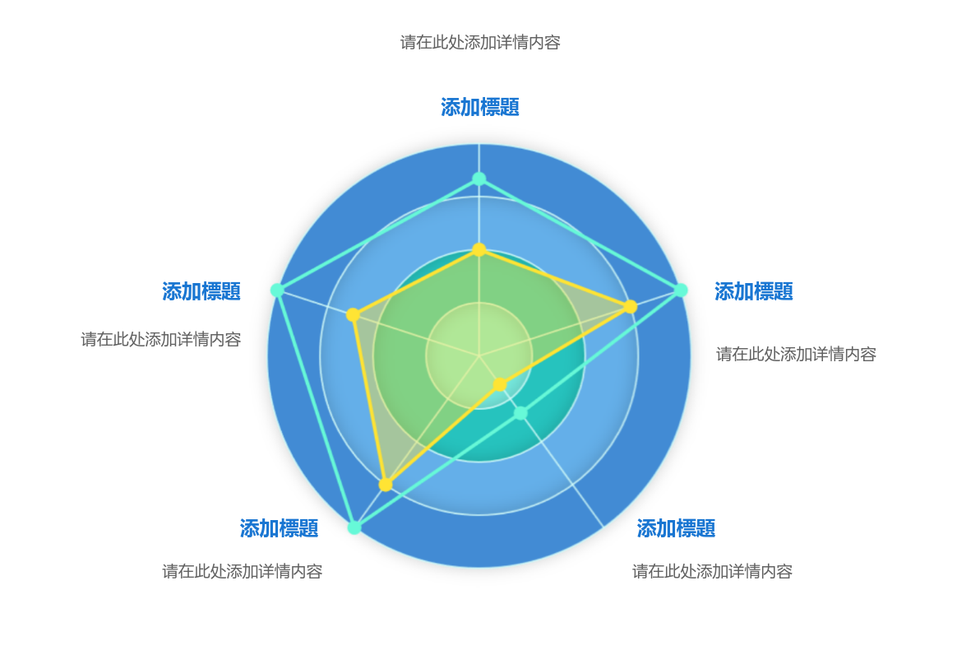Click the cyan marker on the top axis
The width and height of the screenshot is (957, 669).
click(x=479, y=179)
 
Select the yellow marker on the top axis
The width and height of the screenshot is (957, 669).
click(x=479, y=250)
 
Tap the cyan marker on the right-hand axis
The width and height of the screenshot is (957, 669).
click(x=681, y=290)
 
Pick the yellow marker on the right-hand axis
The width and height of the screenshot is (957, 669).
click(x=631, y=307)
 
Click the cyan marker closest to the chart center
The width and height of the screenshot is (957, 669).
click(x=520, y=413)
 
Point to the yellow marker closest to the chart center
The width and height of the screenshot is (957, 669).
click(x=500, y=384)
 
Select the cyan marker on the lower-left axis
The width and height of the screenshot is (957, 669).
click(x=354, y=527)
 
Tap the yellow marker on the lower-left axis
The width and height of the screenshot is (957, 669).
click(x=386, y=485)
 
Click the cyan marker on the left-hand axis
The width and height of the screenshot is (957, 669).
click(x=277, y=290)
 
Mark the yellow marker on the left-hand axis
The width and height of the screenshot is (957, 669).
click(x=353, y=314)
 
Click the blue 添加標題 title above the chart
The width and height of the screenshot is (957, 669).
click(x=479, y=108)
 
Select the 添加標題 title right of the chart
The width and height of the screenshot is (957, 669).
click(x=754, y=291)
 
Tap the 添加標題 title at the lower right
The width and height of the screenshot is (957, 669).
click(x=676, y=528)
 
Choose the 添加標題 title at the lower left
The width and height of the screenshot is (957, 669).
click(x=279, y=528)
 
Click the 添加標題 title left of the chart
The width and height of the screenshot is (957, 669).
click(x=201, y=291)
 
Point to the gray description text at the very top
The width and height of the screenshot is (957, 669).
click(x=480, y=42)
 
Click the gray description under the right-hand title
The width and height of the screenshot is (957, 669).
click(x=796, y=354)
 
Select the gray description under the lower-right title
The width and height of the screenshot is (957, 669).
click(x=712, y=571)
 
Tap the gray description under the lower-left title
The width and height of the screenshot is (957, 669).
click(x=243, y=571)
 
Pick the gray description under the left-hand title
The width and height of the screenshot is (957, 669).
click(x=161, y=339)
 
